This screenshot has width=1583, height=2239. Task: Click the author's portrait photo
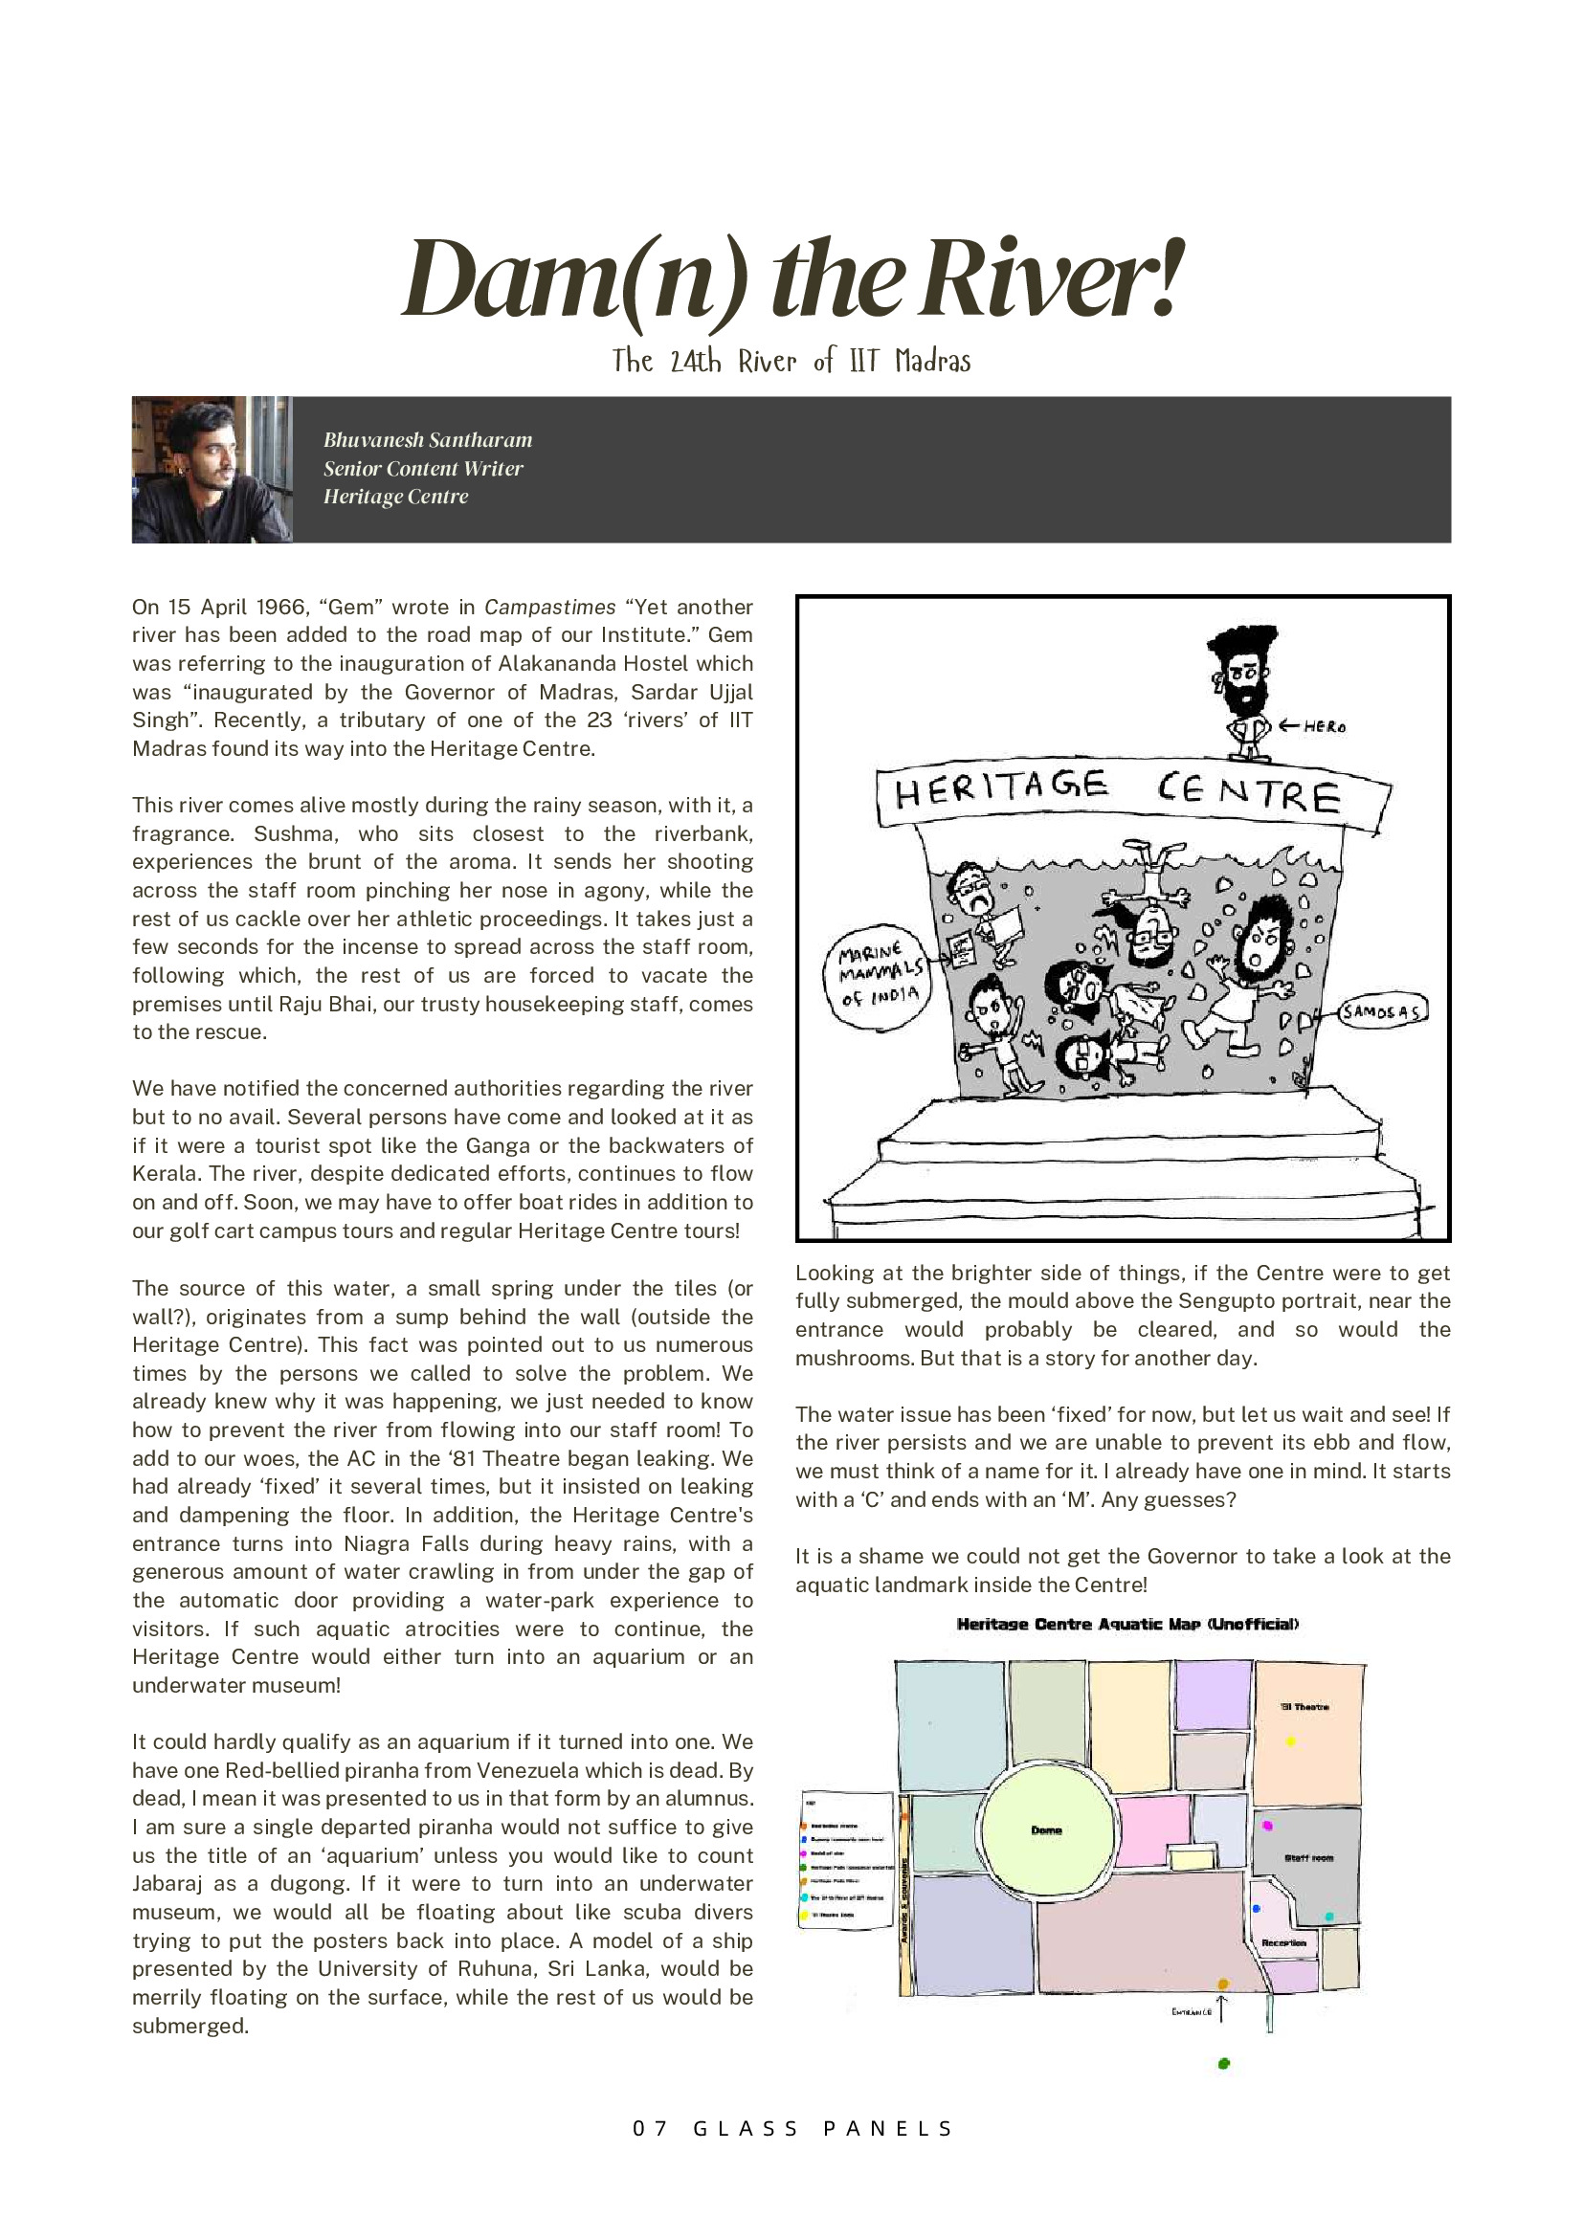click(x=212, y=469)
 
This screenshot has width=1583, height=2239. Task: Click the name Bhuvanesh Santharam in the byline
click(x=427, y=440)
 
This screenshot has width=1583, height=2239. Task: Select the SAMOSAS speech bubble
click(x=1381, y=1011)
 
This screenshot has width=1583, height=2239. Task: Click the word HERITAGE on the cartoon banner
click(x=1001, y=787)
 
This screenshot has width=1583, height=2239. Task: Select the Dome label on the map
click(x=1045, y=1830)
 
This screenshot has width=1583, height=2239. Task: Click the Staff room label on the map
click(x=1308, y=1858)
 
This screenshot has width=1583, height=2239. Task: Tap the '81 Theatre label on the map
click(x=1304, y=1707)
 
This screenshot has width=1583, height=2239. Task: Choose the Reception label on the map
click(x=1283, y=1942)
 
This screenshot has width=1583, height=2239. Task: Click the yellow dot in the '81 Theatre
click(x=1291, y=1741)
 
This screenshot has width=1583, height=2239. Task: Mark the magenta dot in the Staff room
click(x=1267, y=1825)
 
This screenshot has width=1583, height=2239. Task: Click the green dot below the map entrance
click(x=1224, y=2064)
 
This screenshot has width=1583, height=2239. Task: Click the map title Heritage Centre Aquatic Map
click(x=1126, y=1624)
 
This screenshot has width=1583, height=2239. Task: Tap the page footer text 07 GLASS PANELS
click(x=792, y=2128)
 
